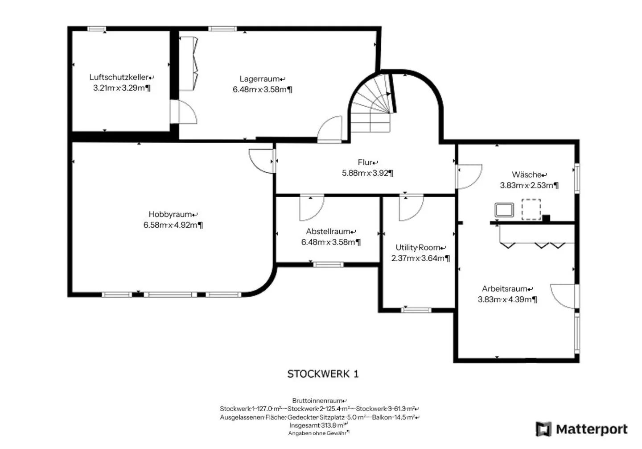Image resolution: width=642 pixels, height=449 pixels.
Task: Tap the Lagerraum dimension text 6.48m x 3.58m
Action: click(262, 89)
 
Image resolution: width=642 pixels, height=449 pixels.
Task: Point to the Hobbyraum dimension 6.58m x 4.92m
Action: click(173, 225)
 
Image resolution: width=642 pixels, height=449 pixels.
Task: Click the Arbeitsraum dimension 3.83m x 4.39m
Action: click(507, 299)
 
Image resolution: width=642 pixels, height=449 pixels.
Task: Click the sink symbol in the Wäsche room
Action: click(504, 210)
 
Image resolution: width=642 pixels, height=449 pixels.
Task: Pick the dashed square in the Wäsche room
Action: click(531, 209)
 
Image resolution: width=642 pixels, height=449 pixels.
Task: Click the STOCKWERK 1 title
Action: click(323, 374)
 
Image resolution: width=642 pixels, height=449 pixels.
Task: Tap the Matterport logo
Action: click(582, 429)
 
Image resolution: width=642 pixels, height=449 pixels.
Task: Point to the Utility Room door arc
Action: click(411, 208)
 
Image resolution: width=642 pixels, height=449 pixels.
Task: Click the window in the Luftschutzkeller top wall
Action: click(95, 29)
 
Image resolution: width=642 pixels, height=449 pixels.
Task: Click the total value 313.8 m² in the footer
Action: click(334, 425)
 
